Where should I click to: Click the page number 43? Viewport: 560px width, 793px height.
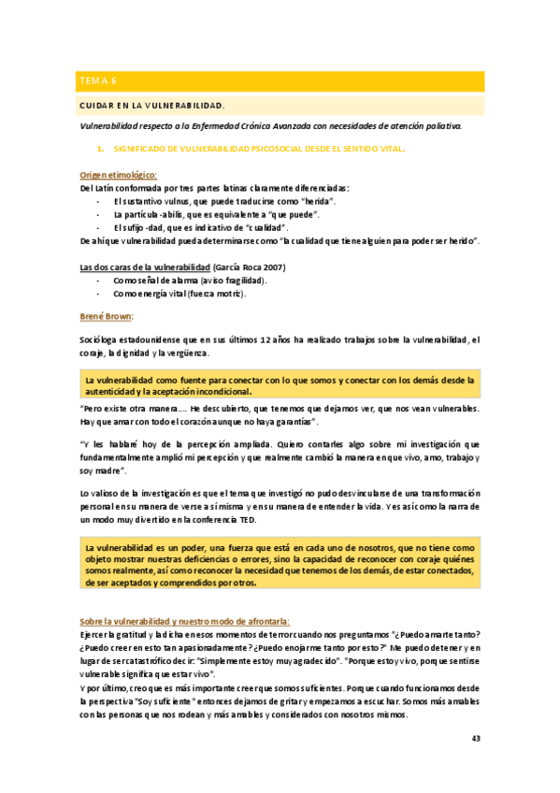(476, 739)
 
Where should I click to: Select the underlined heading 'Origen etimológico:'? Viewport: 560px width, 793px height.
(118, 175)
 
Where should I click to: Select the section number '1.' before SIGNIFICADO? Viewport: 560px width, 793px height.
(101, 148)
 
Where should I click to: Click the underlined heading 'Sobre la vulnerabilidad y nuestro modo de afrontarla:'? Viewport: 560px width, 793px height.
(186, 620)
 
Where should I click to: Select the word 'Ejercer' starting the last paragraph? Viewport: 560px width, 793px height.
(96, 634)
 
